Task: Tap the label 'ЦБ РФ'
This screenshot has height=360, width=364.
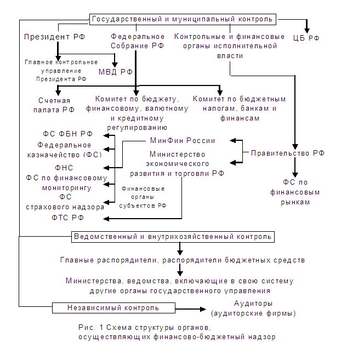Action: tap(306, 38)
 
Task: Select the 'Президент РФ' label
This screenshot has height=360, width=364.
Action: tap(55, 37)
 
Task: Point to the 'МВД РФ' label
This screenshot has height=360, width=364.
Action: tap(116, 72)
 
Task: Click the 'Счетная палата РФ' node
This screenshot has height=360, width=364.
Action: tap(54, 105)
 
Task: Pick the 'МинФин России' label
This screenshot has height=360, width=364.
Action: tap(183, 140)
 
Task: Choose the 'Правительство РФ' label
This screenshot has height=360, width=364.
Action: tap(288, 153)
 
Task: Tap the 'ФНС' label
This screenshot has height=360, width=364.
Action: tap(64, 168)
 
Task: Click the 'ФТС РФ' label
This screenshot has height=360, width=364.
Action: tap(67, 218)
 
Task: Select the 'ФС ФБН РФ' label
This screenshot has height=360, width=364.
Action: tap(67, 134)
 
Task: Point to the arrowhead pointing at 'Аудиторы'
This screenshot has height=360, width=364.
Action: tap(203, 309)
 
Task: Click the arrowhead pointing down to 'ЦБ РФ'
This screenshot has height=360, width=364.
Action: tap(307, 31)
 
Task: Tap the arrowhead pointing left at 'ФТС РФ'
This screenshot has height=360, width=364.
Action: tap(106, 219)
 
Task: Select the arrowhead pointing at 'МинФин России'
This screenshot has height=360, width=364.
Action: tap(233, 140)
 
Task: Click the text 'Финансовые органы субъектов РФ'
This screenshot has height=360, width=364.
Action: tap(143, 197)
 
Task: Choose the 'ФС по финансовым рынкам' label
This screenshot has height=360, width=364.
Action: tap(295, 192)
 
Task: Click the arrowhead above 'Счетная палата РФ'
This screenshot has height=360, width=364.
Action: tap(58, 93)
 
